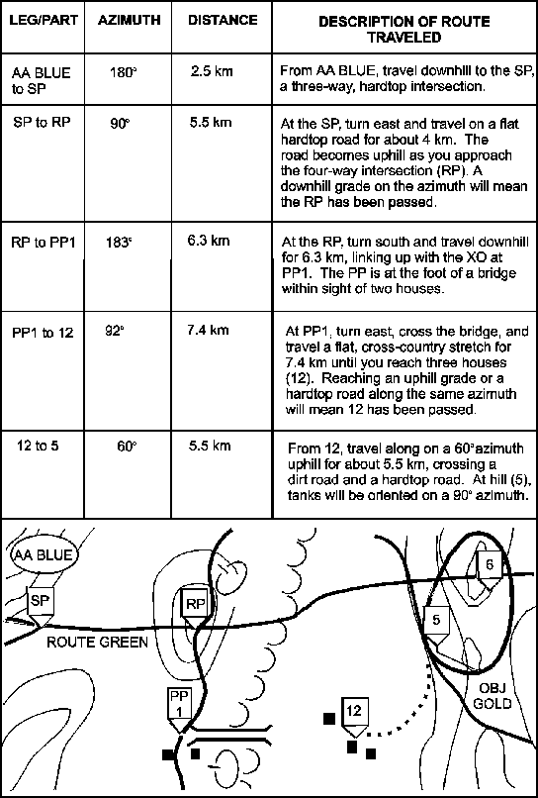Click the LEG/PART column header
[x=44, y=21]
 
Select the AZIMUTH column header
[x=129, y=21]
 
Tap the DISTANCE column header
[x=223, y=21]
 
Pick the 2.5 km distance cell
[x=212, y=71]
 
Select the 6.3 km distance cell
[x=209, y=241]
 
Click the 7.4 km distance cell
[x=209, y=331]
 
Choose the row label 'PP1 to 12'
[x=43, y=333]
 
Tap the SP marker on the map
[x=40, y=607]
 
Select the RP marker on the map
[x=196, y=610]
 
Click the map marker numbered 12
[x=354, y=716]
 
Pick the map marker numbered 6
[x=490, y=571]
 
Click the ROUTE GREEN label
[x=98, y=643]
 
